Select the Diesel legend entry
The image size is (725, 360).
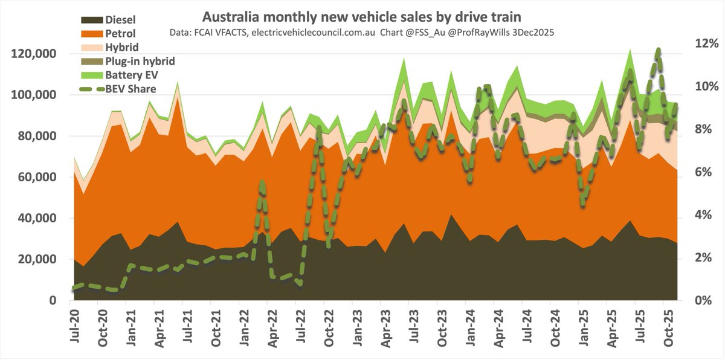(x=121, y=20)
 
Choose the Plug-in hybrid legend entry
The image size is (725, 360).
(x=140, y=61)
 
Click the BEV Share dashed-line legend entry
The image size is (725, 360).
(x=130, y=89)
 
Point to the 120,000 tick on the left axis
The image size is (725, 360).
(x=34, y=54)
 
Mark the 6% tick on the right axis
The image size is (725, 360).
(x=706, y=172)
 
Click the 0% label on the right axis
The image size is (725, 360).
(x=706, y=300)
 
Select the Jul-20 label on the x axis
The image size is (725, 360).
(x=74, y=326)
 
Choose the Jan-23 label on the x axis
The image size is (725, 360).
(x=358, y=326)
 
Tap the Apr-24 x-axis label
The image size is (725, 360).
(x=499, y=326)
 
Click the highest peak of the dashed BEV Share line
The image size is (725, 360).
(x=657, y=51)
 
